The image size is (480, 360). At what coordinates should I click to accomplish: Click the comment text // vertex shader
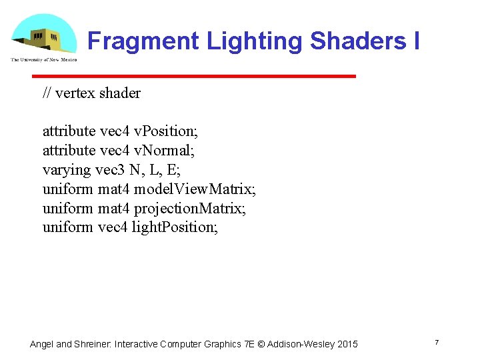click(91, 93)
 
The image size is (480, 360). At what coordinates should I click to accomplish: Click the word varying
click(66, 170)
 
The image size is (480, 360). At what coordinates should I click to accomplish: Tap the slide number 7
click(437, 343)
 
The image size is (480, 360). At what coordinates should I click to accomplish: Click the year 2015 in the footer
click(347, 344)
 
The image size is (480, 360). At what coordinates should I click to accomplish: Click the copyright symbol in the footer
click(261, 344)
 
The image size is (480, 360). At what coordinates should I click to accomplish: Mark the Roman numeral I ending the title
click(416, 41)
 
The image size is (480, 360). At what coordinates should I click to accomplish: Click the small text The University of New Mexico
click(43, 59)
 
